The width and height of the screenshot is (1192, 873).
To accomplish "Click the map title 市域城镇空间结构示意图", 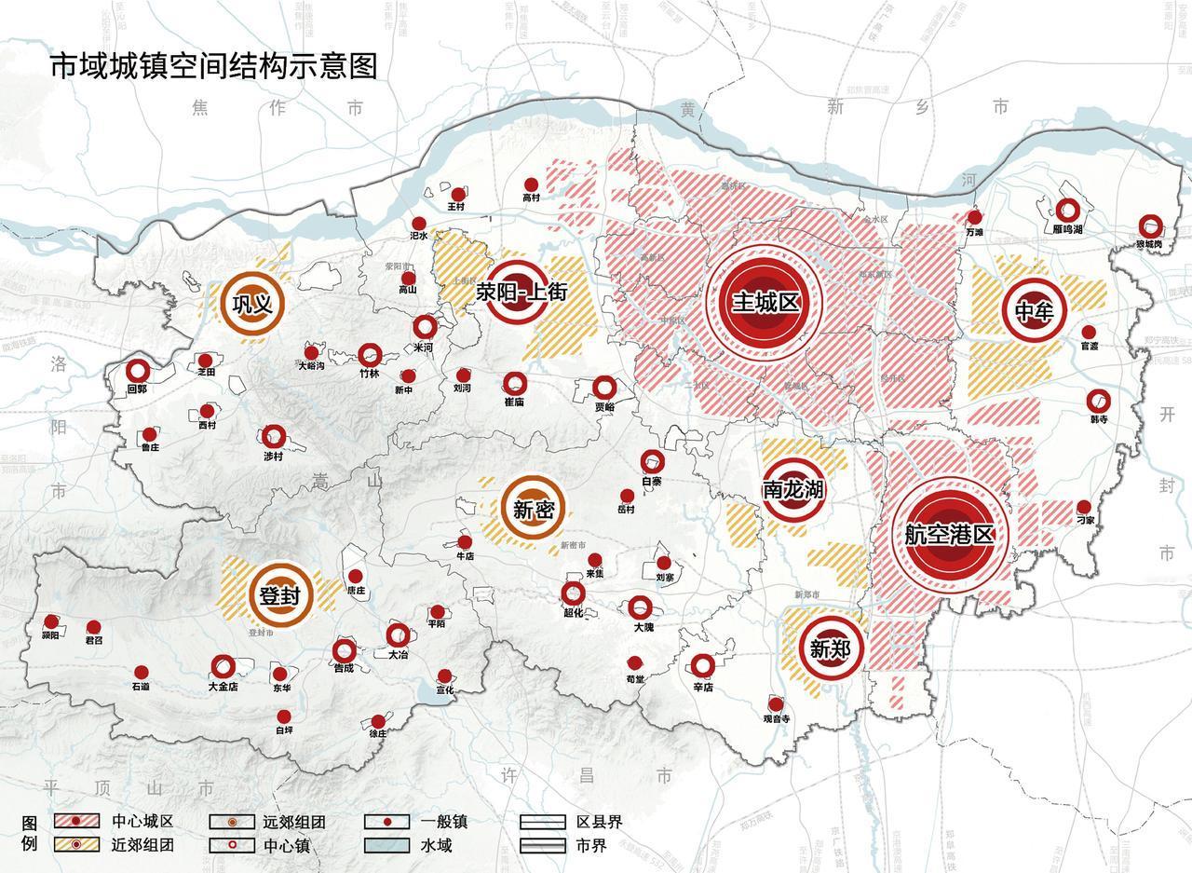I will coord(213,67).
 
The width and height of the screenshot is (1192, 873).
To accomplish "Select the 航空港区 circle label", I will coord(949,533).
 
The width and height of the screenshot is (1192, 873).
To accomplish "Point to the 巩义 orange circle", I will coord(251,304).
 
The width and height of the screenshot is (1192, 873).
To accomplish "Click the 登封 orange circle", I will coord(279,595).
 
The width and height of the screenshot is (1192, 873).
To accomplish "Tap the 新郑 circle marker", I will coord(830,648).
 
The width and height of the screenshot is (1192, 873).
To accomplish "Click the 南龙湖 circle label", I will coord(792,488).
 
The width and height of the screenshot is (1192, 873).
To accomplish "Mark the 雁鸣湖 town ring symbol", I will coord(1067,211).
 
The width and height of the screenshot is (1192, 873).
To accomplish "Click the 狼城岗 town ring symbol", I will coord(1151,226).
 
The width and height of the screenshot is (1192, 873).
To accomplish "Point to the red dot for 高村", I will coord(531,184).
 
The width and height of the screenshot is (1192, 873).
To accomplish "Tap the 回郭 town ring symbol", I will coord(138,371).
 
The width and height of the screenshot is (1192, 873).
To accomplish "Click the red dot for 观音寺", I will coord(776,703).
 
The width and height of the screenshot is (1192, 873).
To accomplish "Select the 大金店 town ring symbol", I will coord(223,666).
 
